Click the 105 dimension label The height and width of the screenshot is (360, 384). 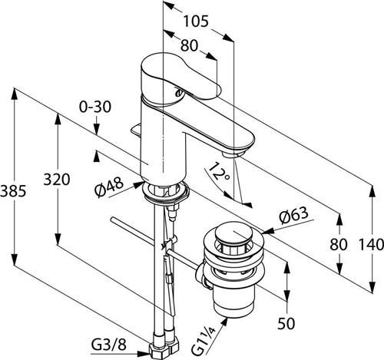(x=196, y=21)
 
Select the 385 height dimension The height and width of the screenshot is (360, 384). (x=13, y=191)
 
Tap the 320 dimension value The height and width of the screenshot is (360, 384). (x=57, y=179)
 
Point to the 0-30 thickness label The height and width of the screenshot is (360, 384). (x=95, y=107)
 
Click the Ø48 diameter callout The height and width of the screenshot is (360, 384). (x=109, y=187)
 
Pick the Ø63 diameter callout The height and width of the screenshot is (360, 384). (x=293, y=215)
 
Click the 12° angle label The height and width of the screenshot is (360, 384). (x=219, y=171)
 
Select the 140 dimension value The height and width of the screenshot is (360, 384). (x=371, y=244)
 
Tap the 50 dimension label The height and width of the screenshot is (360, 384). (x=286, y=323)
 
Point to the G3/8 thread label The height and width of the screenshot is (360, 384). (x=109, y=345)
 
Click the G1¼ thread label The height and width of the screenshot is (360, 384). (x=204, y=341)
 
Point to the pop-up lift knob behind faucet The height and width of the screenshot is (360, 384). (x=136, y=130)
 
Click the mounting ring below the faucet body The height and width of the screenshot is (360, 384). (x=165, y=191)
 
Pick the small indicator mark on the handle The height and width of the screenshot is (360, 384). (x=178, y=92)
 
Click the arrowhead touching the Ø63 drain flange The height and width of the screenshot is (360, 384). (x=266, y=232)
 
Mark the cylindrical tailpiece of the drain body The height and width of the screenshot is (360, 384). (x=234, y=299)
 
